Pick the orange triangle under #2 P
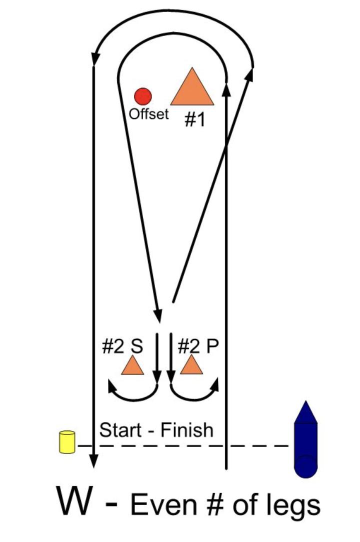(191, 366)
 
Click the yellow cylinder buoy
(67, 442)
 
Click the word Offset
(149, 114)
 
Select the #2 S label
(122, 346)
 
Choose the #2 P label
(198, 346)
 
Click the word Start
(120, 429)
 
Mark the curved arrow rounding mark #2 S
(132, 392)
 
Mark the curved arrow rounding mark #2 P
(195, 392)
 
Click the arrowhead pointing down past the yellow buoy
(93, 460)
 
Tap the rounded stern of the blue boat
(305, 468)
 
